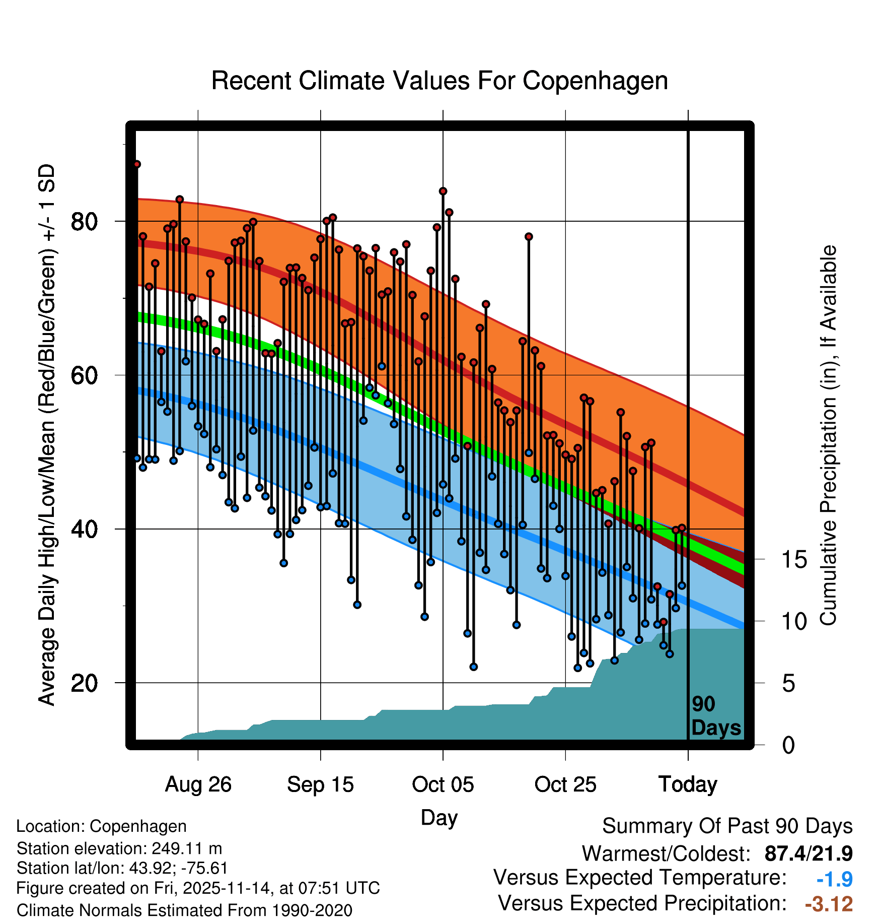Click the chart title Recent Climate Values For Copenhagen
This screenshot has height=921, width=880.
click(x=439, y=81)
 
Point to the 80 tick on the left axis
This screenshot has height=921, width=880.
click(x=84, y=221)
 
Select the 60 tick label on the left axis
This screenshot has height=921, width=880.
click(x=84, y=375)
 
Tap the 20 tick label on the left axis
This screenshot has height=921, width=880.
click(x=84, y=683)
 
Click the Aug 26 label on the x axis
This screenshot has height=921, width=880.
click(x=198, y=784)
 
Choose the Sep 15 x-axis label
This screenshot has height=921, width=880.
click(x=320, y=784)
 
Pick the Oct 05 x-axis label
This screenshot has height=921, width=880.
click(x=443, y=784)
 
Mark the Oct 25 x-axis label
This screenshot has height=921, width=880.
click(x=565, y=784)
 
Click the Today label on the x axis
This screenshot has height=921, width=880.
click(x=688, y=784)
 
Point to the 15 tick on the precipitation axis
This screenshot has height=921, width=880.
click(x=794, y=560)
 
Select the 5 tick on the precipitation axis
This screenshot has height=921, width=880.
click(x=788, y=684)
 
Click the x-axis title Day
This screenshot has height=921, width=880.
click(x=439, y=817)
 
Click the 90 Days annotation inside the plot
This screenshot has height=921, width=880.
click(x=715, y=716)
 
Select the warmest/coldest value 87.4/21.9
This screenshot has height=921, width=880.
click(x=808, y=853)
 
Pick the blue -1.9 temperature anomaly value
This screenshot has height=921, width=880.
click(x=834, y=879)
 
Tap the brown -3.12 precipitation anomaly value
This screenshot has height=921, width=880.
click(x=829, y=904)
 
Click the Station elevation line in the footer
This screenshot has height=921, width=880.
click(x=119, y=848)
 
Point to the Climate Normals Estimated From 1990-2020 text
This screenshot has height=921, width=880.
click(x=184, y=910)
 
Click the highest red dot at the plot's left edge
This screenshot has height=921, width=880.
click(x=136, y=164)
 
